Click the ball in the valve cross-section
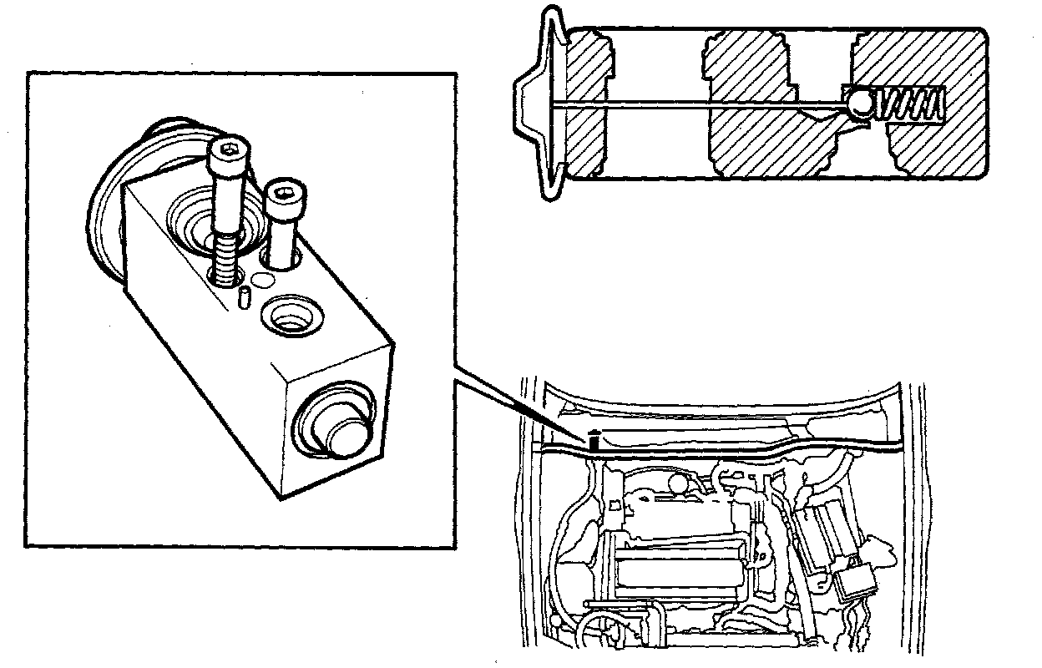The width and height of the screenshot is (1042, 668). [x=859, y=104]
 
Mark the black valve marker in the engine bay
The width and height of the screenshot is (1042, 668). [x=594, y=438]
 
